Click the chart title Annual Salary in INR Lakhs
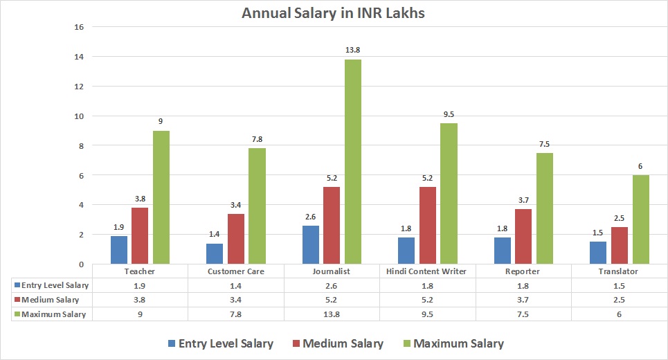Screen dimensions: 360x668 (x=334, y=12)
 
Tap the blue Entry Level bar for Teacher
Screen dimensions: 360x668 (x=119, y=250)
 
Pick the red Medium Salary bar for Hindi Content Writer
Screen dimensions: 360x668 (x=428, y=226)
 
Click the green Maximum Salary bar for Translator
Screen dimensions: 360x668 (x=641, y=219)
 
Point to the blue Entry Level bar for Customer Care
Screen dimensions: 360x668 (x=215, y=253)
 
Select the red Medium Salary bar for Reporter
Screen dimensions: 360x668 (x=523, y=237)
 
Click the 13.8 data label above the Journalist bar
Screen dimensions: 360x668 (x=353, y=50)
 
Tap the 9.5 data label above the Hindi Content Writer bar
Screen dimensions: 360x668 (x=449, y=114)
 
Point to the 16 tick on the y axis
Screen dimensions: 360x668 (x=78, y=27)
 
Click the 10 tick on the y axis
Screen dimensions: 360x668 (x=78, y=116)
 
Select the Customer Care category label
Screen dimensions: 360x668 (x=236, y=271)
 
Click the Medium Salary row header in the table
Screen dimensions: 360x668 (x=50, y=300)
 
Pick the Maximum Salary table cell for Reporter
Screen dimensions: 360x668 (x=523, y=314)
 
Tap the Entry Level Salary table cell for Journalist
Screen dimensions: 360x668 (x=332, y=285)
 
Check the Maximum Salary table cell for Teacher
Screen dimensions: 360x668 (x=140, y=314)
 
